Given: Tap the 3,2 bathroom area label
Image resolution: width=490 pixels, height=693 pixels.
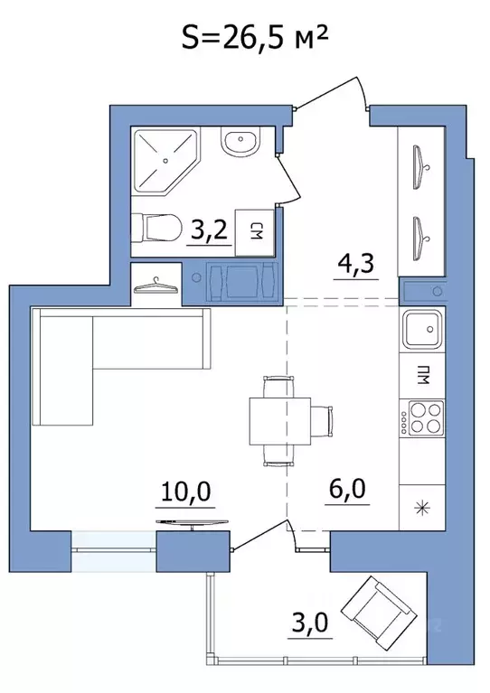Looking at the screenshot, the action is pyautogui.click(x=209, y=229).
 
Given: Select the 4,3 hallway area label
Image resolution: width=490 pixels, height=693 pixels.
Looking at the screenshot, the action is pyautogui.click(x=355, y=264).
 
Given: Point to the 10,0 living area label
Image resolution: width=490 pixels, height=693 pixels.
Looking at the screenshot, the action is pyautogui.click(x=185, y=491).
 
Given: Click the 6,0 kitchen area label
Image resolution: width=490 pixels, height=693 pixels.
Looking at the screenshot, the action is pyautogui.click(x=347, y=489).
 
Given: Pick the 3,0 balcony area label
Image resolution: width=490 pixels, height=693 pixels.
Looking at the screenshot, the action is pyautogui.click(x=309, y=623).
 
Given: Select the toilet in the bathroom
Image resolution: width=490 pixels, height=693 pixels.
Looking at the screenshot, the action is pyautogui.click(x=156, y=229).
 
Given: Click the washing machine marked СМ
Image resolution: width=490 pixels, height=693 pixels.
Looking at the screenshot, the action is pyautogui.click(x=255, y=232).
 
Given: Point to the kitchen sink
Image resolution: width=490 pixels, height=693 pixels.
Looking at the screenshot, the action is pyautogui.click(x=422, y=329).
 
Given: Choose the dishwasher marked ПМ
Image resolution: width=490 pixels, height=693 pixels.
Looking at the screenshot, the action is pyautogui.click(x=422, y=376).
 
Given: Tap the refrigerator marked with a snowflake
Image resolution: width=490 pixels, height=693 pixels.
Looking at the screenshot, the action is pyautogui.click(x=422, y=508).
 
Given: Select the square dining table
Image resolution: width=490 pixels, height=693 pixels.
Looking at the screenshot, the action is pyautogui.click(x=280, y=421).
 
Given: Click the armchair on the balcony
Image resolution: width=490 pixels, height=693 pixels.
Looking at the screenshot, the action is pyautogui.click(x=380, y=608).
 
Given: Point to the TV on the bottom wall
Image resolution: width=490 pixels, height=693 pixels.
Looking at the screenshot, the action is pyautogui.click(x=193, y=524).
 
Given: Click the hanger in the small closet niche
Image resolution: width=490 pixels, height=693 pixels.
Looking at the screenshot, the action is pyautogui.click(x=156, y=286).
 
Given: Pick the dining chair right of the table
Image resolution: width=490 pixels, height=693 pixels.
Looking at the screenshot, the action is pyautogui.click(x=323, y=421).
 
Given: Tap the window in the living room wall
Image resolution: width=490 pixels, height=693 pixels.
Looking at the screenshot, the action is pyautogui.click(x=114, y=551).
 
